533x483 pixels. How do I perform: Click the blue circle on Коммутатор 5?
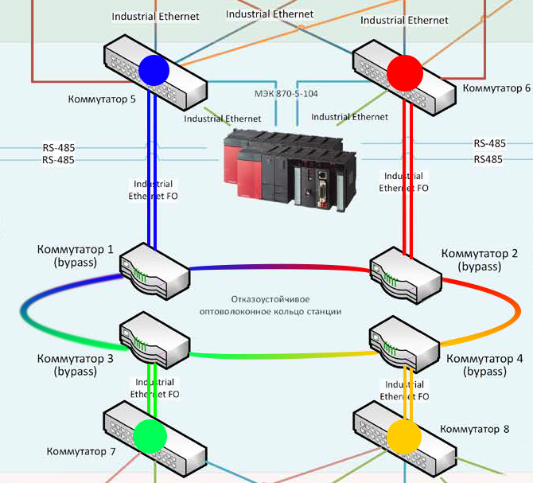coord(154,69)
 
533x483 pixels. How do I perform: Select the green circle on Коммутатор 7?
coord(150,436)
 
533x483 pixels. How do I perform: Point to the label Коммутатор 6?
coord(496,88)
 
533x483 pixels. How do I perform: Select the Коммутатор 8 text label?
coord(474,429)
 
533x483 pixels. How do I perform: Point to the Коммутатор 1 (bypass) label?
coord(76,255)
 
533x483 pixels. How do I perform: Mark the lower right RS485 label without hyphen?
coord(489,159)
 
